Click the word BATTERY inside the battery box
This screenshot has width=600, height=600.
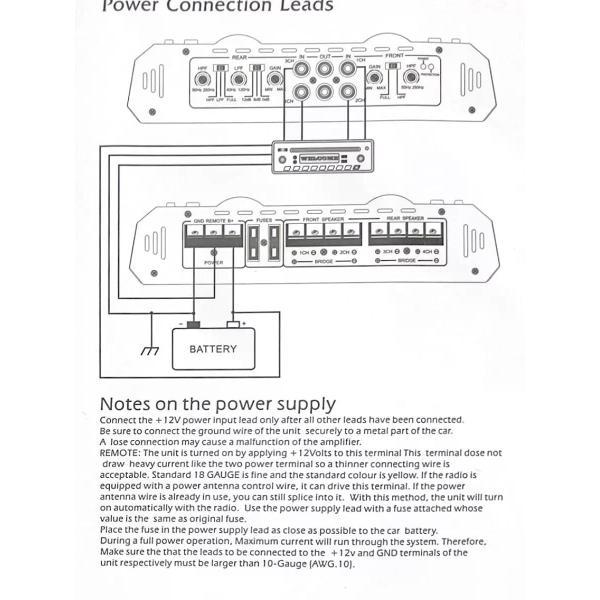213,349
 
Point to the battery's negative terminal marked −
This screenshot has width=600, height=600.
193,324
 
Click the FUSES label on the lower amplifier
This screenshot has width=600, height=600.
264,218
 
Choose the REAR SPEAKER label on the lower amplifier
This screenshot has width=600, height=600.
405,218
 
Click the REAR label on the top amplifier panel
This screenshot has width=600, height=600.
239,57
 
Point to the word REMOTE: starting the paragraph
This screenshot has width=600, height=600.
120,452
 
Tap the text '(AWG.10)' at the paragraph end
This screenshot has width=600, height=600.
331,563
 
